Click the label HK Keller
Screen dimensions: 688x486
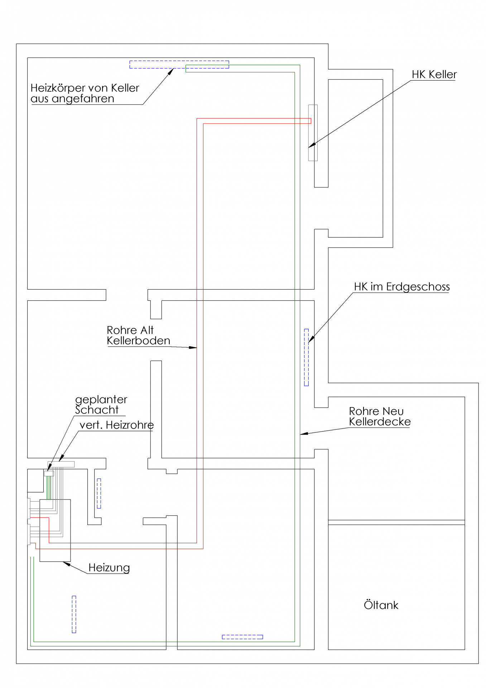coord(434,75)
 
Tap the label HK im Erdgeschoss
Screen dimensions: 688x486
coord(401,287)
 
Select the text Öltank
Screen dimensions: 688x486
coord(381,605)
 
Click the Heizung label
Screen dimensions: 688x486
coord(109,568)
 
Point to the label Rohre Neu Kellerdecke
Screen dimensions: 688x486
coord(379,416)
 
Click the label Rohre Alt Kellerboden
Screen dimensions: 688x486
coord(138,335)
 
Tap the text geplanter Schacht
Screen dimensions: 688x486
coord(101,405)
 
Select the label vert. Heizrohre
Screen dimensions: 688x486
coord(116,425)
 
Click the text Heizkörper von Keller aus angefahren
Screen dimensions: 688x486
coord(85,93)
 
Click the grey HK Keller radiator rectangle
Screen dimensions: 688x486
coord(313,133)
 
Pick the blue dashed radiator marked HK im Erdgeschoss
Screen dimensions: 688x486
coord(306,357)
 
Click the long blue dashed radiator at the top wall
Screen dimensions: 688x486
coord(179,64)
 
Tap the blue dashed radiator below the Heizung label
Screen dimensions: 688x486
coord(74,614)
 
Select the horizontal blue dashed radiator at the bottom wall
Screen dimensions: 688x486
coord(242,637)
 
